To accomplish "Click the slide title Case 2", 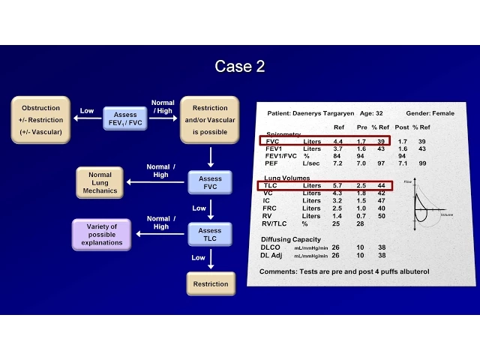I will pos(239,66).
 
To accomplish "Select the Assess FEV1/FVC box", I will pos(125,119).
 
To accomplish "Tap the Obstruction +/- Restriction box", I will pos(40,119).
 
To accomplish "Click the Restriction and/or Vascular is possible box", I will pos(210,119).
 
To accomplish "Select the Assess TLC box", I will pos(210,235).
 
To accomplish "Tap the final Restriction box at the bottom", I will pos(210,284).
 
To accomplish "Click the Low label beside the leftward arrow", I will pos(87,111).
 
